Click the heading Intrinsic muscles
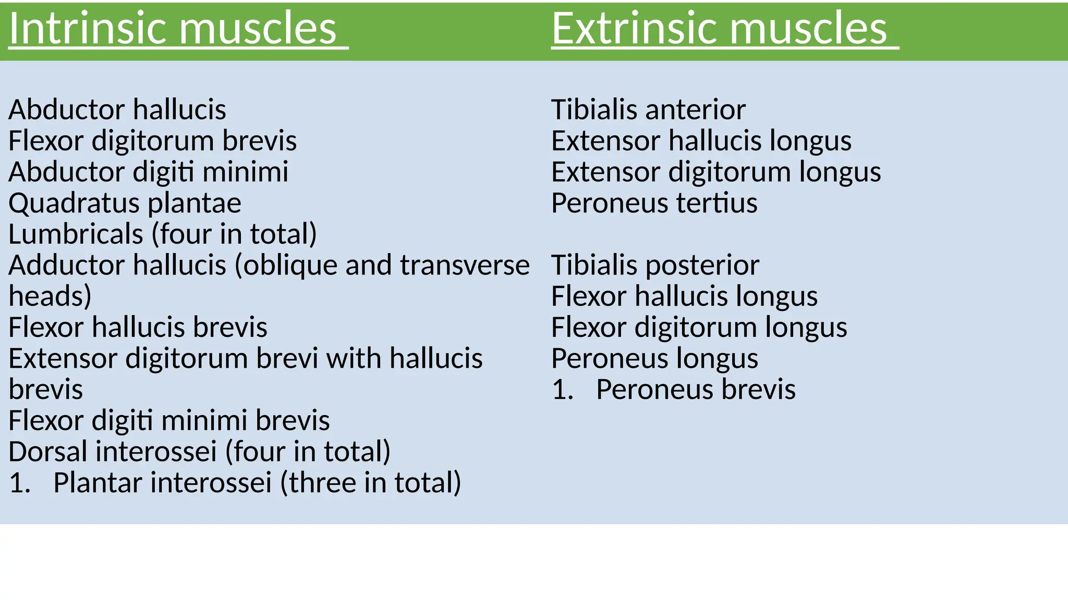click(x=173, y=28)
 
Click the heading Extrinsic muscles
click(x=719, y=28)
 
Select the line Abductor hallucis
click(x=117, y=110)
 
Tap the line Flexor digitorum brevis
click(x=152, y=141)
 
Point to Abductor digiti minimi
click(x=148, y=172)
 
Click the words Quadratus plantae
click(x=125, y=203)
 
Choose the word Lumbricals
click(x=76, y=234)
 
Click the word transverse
click(x=465, y=265)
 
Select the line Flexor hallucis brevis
click(x=138, y=328)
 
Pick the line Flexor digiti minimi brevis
click(x=169, y=420)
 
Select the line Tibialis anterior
click(x=648, y=110)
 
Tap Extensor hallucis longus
click(x=701, y=141)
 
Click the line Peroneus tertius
click(x=654, y=203)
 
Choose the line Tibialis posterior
click(x=655, y=265)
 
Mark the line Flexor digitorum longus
click(x=699, y=328)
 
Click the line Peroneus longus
click(x=654, y=358)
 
